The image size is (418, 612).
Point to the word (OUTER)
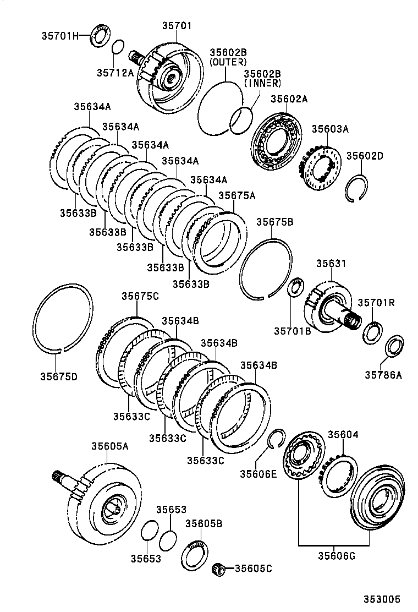point(228,62)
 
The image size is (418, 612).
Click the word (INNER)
point(262,84)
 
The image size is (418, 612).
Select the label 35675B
point(274,222)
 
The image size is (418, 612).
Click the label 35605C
point(254,568)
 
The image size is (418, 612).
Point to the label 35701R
point(376,302)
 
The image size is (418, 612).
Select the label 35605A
point(109,446)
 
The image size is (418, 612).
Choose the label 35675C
point(140,296)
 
